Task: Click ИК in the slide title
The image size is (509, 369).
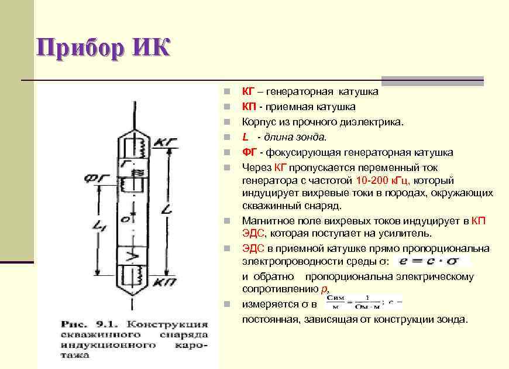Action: [x=151, y=48]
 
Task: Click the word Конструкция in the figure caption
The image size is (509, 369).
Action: [x=168, y=324]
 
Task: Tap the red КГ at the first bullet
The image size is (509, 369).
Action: [x=248, y=91]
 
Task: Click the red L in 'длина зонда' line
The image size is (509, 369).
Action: [x=245, y=137]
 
